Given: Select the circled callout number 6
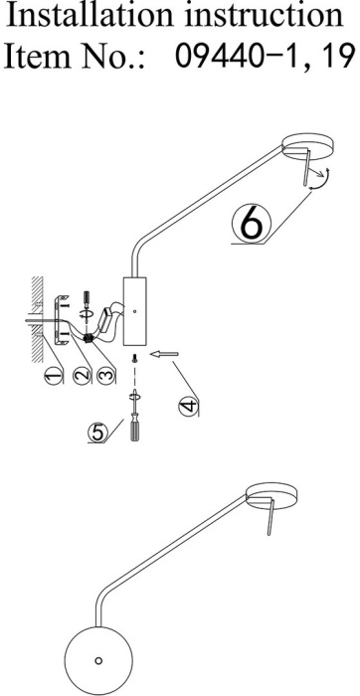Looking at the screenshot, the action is click(x=251, y=225).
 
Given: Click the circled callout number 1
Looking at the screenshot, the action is click(x=54, y=377).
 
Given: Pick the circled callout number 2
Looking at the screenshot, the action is click(x=83, y=376).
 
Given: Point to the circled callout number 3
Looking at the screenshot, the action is click(x=105, y=376).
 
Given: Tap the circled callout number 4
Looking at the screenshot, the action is click(x=188, y=406).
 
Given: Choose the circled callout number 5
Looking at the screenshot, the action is click(x=97, y=433).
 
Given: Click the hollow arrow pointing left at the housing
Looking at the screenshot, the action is click(x=164, y=354).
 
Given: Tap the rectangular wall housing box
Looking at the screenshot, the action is click(x=134, y=311).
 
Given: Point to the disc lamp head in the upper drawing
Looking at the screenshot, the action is click(x=308, y=145).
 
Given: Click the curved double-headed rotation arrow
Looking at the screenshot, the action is click(x=322, y=179).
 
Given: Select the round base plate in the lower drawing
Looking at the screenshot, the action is click(x=98, y=660).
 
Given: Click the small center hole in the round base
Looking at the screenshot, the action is click(x=98, y=660).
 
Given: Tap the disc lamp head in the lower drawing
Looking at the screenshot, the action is click(x=271, y=495).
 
